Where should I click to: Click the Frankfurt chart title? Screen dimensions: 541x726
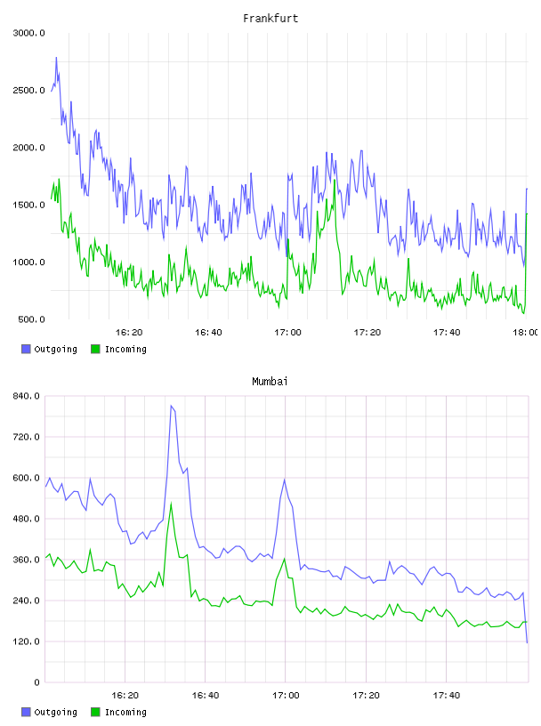coord(270,18)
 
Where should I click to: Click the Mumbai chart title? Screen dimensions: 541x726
coord(270,381)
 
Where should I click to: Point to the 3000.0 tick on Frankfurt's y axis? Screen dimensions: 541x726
coord(28,33)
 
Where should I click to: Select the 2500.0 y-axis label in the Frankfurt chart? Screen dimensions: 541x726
coord(28,90)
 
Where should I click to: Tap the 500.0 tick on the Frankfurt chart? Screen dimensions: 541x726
coord(31,319)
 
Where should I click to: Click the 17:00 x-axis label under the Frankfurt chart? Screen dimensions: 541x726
coord(287,332)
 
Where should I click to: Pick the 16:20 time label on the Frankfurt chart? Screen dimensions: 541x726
coord(129,332)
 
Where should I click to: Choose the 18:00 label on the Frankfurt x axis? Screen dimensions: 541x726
coord(525,332)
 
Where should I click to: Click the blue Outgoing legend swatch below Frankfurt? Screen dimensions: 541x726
coord(26,349)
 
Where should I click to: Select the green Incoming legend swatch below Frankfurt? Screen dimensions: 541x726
coord(95,349)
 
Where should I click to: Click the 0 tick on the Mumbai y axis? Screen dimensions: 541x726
coord(36,682)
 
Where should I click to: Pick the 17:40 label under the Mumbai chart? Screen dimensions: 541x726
coord(447,695)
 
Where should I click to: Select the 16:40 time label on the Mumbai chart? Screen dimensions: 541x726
coord(206,695)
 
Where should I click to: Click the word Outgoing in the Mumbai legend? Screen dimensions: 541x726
coord(55,712)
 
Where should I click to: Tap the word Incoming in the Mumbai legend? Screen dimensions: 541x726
coord(125,712)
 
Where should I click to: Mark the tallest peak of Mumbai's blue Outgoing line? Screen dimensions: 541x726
coord(171,406)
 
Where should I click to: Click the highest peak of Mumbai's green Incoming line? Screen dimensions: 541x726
coord(171,504)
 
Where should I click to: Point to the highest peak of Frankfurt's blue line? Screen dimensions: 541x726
coord(57,58)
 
